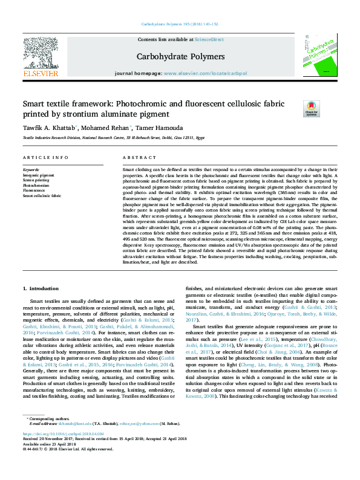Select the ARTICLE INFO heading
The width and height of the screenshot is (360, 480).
[x=45, y=157]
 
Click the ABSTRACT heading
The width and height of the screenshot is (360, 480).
[x=135, y=157]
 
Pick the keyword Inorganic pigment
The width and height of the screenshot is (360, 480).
[x=38, y=175]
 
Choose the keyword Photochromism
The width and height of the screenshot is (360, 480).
[x=36, y=185]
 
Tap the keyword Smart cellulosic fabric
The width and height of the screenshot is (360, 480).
[x=42, y=195]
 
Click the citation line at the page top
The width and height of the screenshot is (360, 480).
[x=180, y=24]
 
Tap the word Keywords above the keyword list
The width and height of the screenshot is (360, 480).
[x=31, y=170]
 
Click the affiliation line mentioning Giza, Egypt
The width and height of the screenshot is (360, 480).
[x=113, y=138]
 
